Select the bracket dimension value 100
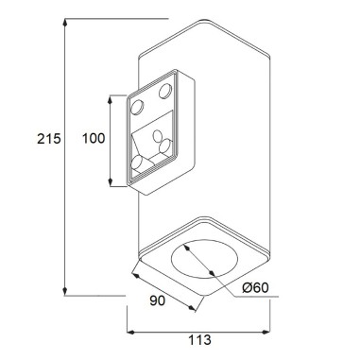tap(93, 139)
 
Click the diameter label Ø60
tap(256, 288)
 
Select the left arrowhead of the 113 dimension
tap(130, 332)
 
